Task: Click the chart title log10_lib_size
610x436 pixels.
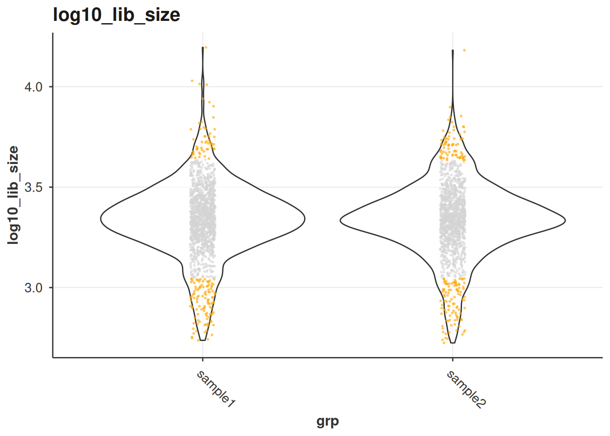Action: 117,15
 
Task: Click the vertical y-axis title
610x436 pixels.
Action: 13,195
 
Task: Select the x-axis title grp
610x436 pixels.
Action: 328,421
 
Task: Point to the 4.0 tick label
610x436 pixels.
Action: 34,87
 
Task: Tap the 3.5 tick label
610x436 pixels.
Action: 34,188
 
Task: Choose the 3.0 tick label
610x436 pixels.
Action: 34,288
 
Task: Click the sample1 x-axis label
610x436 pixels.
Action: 216,389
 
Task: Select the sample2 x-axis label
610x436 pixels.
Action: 466,389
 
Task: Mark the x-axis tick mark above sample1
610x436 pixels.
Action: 202,359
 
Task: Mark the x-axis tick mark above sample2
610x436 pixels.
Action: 453,359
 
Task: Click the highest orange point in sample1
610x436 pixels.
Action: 206,47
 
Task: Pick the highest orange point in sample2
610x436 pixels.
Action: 464,50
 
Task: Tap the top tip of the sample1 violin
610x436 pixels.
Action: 203,47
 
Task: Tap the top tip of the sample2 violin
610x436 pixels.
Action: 453,50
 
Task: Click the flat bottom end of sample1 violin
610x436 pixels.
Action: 202,340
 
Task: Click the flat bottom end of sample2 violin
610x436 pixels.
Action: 453,343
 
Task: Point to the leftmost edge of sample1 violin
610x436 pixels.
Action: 101,219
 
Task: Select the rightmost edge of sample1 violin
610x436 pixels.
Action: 305,219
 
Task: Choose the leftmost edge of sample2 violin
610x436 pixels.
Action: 340,220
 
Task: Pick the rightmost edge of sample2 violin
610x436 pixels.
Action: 565,220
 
